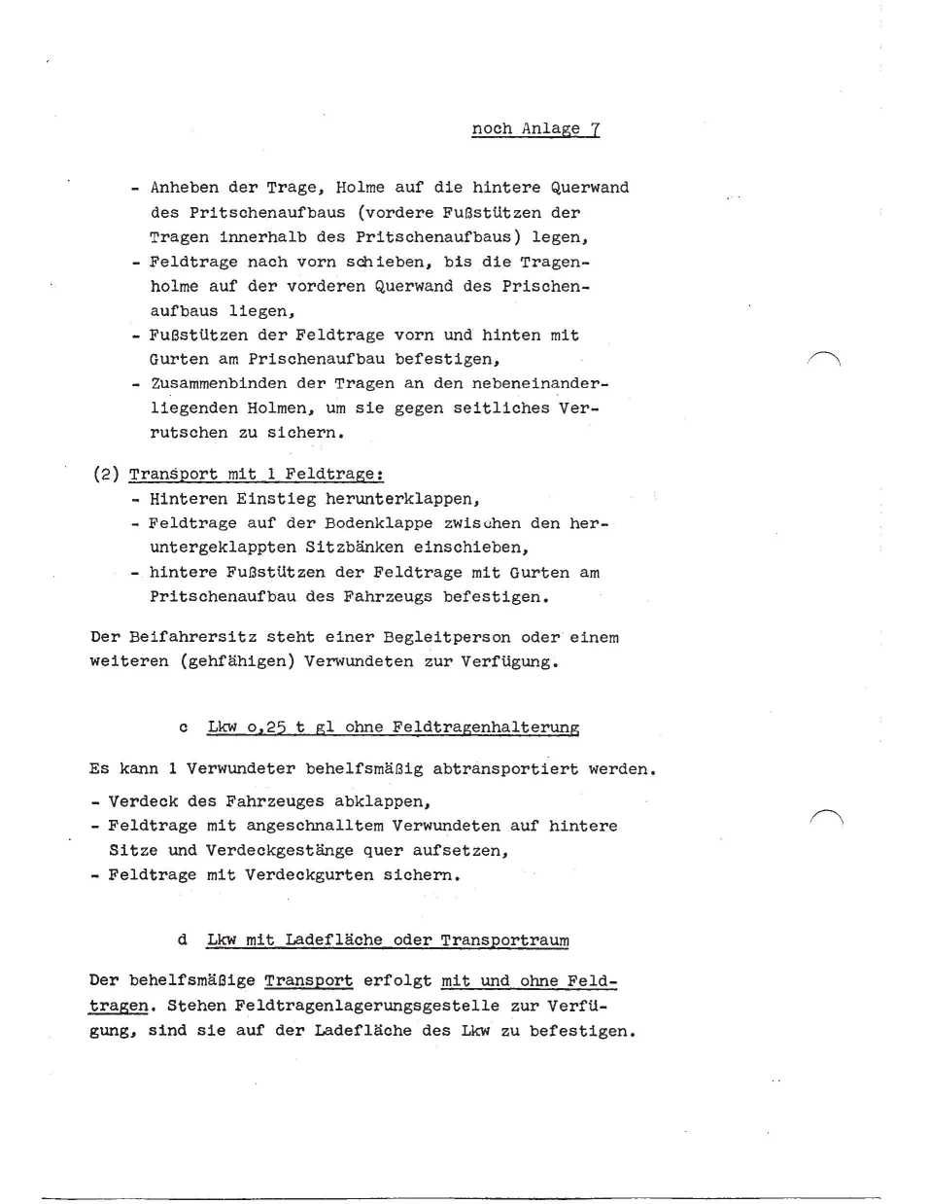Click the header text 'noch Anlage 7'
click(535, 128)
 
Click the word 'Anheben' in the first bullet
click(185, 187)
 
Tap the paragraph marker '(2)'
click(106, 474)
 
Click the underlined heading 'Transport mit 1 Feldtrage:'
click(257, 474)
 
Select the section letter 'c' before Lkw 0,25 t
click(183, 727)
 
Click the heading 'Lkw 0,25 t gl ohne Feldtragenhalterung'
click(393, 727)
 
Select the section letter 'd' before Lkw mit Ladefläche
click(183, 939)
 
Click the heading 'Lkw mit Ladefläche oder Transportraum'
click(388, 939)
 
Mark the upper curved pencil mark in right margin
click(824, 358)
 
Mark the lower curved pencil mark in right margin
click(826, 817)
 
